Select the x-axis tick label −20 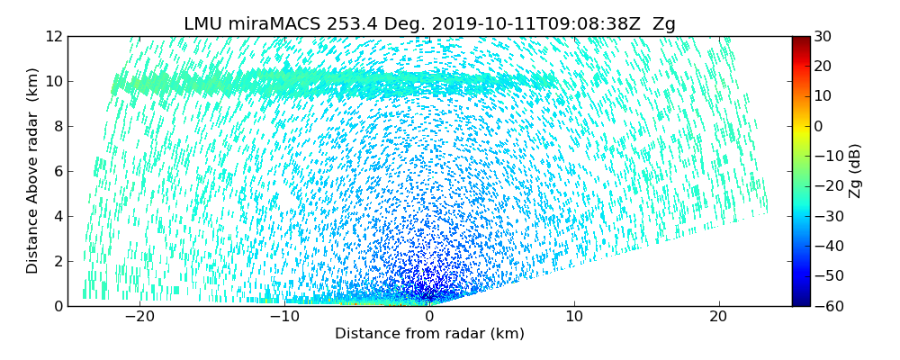139,318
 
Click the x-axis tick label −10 284,318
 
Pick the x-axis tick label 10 574,318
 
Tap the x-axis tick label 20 719,318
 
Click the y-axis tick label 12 53,37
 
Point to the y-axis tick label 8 57,127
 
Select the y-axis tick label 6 57,172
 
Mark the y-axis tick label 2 57,262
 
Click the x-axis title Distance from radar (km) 429,334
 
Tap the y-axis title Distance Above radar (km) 33,171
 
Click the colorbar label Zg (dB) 855,171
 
